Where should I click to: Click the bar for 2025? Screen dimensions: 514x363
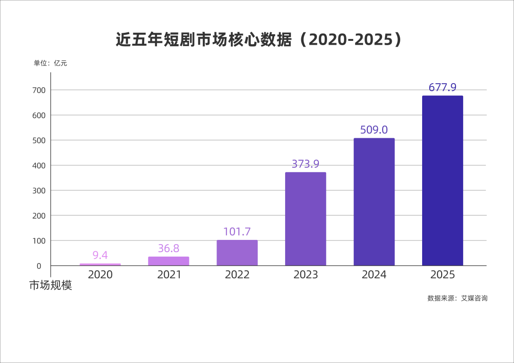443,181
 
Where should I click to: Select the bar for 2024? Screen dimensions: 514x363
374,202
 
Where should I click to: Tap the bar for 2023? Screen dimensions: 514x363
306,219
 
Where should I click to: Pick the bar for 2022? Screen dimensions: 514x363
237,253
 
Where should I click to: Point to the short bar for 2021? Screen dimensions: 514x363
168,261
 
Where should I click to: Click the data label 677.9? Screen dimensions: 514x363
443,87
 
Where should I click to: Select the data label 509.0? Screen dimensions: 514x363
374,130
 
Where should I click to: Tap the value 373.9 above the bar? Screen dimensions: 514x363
306,163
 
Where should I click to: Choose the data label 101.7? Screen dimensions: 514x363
237,232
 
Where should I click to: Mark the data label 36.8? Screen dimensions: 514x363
168,248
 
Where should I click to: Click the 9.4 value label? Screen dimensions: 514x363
100,255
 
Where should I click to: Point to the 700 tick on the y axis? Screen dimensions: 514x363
39,90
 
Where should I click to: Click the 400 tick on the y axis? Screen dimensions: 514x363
39,165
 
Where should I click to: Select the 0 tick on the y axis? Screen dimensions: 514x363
39,266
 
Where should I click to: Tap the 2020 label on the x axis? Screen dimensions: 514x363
100,275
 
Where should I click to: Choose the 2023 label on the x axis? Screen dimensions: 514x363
306,275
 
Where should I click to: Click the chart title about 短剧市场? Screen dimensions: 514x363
258,39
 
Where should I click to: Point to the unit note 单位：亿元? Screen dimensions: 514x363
50,63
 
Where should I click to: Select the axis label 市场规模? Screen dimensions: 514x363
50,286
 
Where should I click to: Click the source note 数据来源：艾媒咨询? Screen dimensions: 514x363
457,298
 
